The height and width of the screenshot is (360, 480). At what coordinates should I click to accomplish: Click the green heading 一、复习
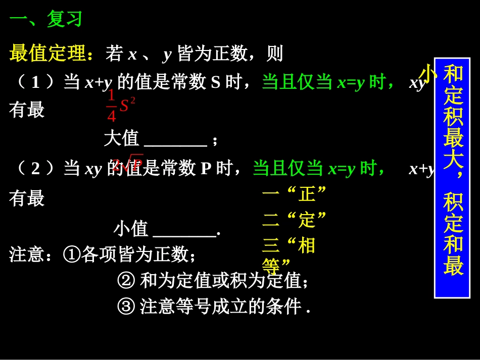46,20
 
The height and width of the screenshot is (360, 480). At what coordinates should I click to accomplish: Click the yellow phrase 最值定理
49,54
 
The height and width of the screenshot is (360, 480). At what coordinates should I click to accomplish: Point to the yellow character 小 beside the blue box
427,74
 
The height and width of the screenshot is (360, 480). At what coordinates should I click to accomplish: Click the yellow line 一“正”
294,193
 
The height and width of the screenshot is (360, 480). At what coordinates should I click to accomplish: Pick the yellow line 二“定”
294,220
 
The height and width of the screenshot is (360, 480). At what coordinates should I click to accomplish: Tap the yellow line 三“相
289,246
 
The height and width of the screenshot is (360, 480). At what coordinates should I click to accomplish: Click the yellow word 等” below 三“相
276,265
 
